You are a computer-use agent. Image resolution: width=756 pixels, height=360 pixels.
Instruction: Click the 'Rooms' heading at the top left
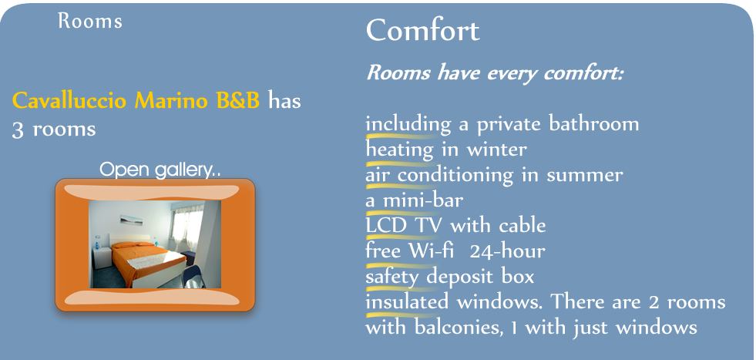coord(89,22)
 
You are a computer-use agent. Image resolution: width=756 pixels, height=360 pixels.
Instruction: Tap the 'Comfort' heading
coord(423,30)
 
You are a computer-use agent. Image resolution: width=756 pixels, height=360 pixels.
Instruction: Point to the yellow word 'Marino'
coord(172,101)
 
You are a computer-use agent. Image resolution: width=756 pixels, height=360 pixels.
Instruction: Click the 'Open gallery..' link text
coord(160,170)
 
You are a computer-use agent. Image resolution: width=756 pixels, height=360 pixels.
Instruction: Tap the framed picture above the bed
coord(131,220)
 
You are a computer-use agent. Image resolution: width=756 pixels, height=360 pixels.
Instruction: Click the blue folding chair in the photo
coord(194,277)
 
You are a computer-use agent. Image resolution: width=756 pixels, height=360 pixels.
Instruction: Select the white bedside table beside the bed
coord(102,257)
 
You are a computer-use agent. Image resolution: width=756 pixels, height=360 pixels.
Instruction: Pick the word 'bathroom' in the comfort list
coord(593,124)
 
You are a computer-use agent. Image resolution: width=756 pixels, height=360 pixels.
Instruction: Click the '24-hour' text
coord(507,251)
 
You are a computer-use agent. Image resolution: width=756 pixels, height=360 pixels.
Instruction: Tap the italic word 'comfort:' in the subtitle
coord(583,73)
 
